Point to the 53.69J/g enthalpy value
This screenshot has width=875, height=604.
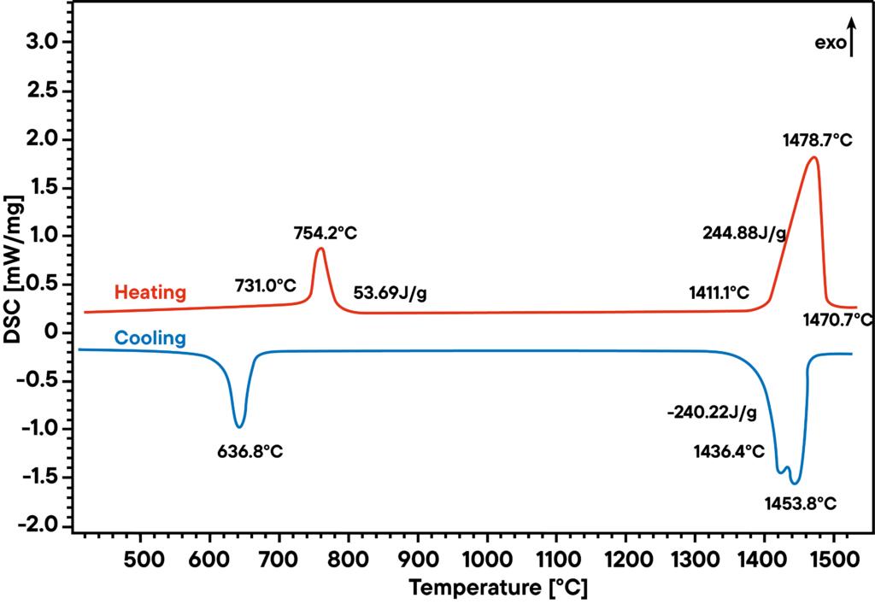[x=391, y=294]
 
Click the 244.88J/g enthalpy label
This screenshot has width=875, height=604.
[x=744, y=232]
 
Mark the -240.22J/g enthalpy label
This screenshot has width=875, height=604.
[x=712, y=413]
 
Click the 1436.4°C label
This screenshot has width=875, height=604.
[x=729, y=451]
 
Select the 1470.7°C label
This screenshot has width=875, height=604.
[x=837, y=320]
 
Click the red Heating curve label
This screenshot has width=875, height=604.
[x=150, y=292]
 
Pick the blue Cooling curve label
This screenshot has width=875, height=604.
[x=150, y=338]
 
